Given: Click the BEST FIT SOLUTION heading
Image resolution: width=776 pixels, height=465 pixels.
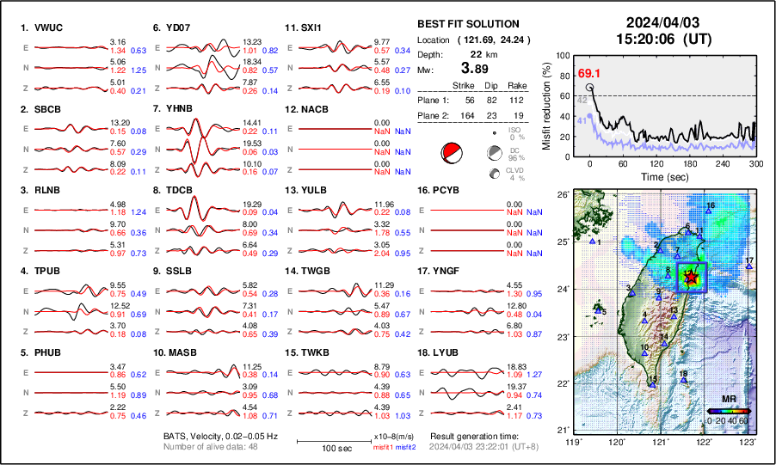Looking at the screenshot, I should click(467, 24).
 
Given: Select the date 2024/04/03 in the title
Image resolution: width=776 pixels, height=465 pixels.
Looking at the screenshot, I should click(656, 22).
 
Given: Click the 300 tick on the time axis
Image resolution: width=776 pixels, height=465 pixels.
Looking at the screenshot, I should click(755, 163).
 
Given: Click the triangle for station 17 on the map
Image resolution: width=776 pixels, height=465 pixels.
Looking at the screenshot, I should click(749, 267).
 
